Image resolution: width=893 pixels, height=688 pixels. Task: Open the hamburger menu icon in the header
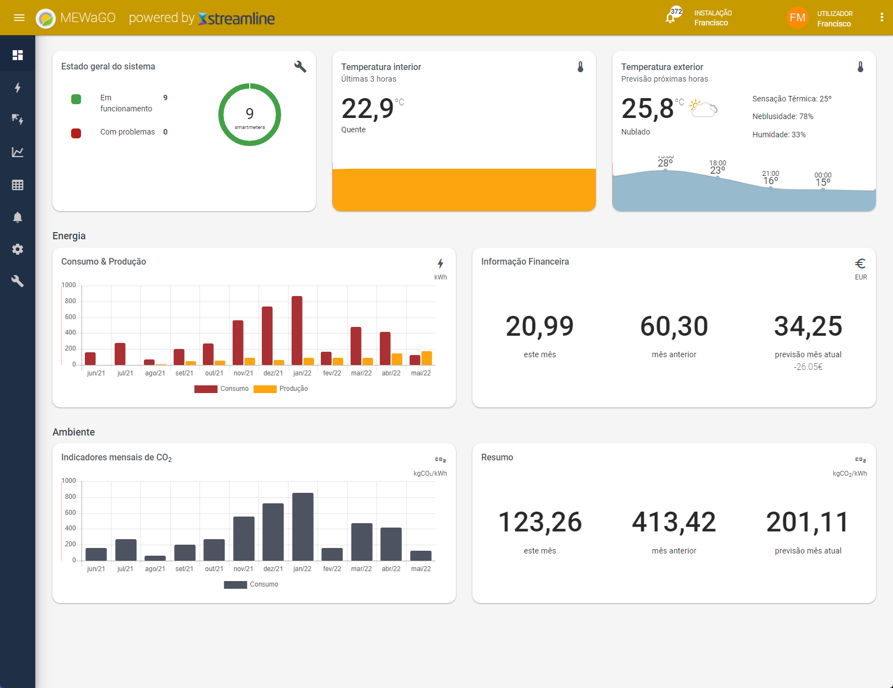tap(19, 18)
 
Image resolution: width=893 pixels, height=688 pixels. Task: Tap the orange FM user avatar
tap(797, 18)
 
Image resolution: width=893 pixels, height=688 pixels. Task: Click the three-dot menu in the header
tap(881, 17)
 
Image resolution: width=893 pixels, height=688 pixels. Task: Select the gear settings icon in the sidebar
tap(17, 249)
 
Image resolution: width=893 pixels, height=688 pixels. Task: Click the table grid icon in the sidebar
tap(17, 185)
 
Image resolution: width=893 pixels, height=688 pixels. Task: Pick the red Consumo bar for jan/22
tap(297, 330)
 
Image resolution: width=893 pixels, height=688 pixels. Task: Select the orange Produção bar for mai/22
tap(427, 358)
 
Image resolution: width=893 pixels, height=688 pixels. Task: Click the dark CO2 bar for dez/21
tap(273, 532)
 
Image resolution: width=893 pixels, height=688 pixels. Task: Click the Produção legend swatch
tap(265, 389)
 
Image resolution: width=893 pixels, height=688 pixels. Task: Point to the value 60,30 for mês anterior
tap(674, 326)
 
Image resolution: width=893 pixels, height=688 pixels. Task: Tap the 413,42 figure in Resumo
tap(674, 522)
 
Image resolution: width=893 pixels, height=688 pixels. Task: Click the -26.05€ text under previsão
tap(808, 367)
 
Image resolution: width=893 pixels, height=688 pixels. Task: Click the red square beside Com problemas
tap(76, 133)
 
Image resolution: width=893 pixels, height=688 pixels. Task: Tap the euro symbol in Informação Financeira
tap(860, 264)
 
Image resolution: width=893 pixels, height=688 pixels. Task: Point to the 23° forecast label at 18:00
tap(718, 170)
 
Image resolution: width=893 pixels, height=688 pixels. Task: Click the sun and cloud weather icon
tap(703, 109)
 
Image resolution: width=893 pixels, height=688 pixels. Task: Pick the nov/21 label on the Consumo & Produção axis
tap(243, 373)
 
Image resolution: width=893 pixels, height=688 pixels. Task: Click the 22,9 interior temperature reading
tap(367, 109)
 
